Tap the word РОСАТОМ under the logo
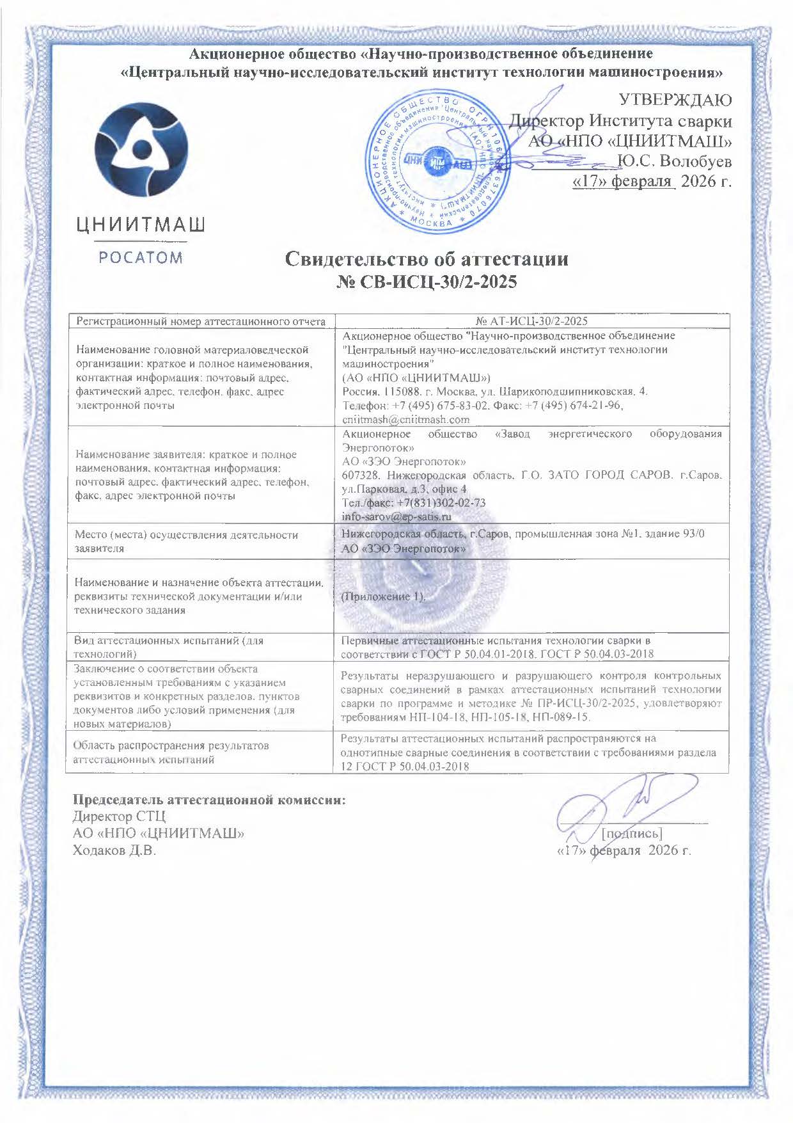tap(141, 258)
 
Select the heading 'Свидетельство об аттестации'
tap(426, 259)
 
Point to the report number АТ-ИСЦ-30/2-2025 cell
tap(532, 321)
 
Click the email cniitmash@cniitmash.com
tap(406, 420)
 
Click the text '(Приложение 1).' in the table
tap(383, 596)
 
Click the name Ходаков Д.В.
tap(114, 850)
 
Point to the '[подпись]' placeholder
tap(632, 833)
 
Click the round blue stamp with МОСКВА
tap(437, 163)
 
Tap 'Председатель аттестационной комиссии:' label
tap(208, 800)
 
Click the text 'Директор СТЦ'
tap(119, 817)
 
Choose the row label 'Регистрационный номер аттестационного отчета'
tap(201, 321)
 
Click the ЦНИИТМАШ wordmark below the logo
tap(141, 225)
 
